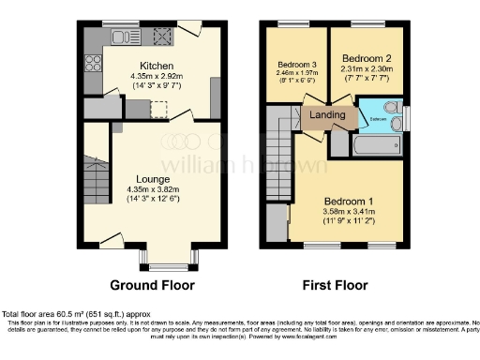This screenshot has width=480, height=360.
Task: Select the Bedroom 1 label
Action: (348, 202)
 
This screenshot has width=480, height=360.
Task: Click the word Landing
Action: (327, 116)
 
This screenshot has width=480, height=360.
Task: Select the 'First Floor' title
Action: (336, 285)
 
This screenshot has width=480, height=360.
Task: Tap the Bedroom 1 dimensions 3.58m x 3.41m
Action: (348, 213)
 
